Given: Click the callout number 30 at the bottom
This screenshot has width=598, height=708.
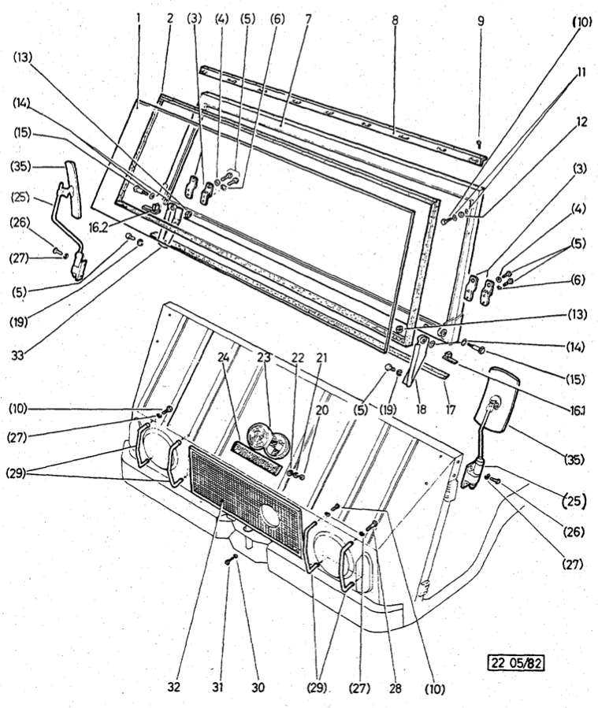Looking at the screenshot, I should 258,687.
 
